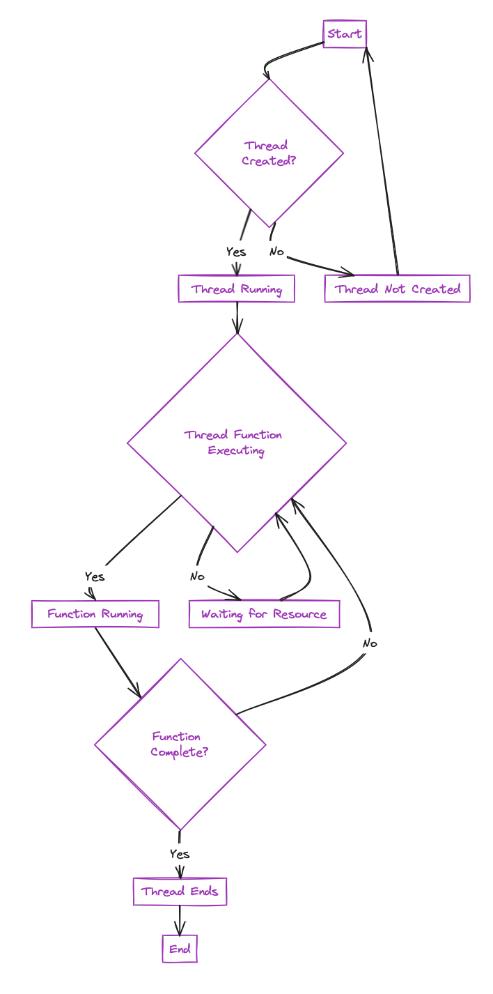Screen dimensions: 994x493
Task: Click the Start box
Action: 345,34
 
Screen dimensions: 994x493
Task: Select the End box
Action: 180,949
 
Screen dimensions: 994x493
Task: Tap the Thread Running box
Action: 236,289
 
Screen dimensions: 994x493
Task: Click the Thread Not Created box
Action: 397,289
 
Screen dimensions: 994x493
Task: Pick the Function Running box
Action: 95,614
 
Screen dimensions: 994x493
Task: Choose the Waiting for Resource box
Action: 264,614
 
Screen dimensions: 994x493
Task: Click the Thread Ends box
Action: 180,892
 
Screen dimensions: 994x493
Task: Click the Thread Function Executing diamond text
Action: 235,443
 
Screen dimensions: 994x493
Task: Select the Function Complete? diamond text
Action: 179,744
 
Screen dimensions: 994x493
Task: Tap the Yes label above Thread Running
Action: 236,252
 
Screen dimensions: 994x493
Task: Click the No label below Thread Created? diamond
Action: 276,252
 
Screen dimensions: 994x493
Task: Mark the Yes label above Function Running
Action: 95,576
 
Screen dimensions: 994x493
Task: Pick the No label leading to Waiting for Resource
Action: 197,576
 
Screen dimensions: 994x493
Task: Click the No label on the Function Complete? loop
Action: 370,643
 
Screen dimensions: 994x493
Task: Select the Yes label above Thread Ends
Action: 180,854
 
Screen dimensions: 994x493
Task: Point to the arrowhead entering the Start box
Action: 368,53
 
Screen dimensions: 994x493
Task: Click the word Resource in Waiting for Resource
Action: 300,614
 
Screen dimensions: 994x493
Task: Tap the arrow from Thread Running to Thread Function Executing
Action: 237,317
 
